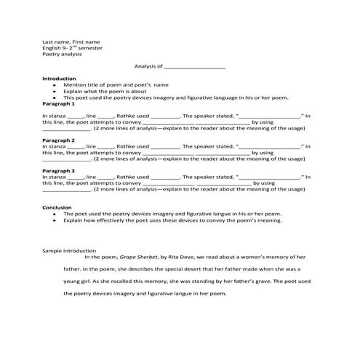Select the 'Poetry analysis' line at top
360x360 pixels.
coord(62,55)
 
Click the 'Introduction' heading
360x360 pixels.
coord(59,79)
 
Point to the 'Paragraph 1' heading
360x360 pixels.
coord(59,103)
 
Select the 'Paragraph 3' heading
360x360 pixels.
coord(59,170)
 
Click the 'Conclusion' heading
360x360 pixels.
coord(57,207)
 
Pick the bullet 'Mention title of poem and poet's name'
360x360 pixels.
coord(116,85)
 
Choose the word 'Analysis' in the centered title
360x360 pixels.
coord(146,66)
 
